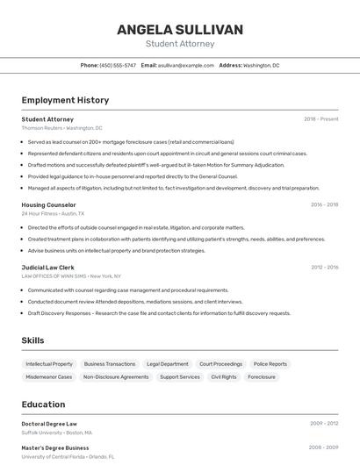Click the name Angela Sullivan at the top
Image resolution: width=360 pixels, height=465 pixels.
click(x=180, y=30)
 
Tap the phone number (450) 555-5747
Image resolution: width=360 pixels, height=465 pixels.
click(x=118, y=65)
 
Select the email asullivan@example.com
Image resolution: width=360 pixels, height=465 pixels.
click(x=186, y=65)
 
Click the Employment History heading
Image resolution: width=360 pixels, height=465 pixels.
click(x=65, y=100)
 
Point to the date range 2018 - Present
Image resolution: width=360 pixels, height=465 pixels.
click(x=321, y=118)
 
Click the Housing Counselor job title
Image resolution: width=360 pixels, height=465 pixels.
click(x=48, y=204)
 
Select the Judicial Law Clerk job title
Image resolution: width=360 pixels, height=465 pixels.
click(x=47, y=267)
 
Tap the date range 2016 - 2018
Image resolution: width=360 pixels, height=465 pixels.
click(x=324, y=204)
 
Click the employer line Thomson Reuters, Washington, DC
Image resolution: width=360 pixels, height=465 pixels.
click(x=61, y=128)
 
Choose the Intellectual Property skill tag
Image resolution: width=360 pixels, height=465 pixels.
click(x=49, y=364)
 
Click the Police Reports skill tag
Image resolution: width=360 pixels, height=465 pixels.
click(x=270, y=364)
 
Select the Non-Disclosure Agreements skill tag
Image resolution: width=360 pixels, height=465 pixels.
click(x=116, y=377)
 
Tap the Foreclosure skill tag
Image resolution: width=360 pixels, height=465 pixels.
click(x=262, y=377)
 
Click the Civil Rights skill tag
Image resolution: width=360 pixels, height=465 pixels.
click(x=224, y=377)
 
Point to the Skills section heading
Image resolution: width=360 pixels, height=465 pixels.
click(x=33, y=340)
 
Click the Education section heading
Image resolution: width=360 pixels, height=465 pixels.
click(x=43, y=404)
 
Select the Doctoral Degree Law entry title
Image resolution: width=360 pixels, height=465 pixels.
click(x=49, y=424)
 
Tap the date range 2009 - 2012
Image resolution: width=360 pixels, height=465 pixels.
click(x=324, y=423)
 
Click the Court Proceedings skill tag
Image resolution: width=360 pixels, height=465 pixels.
click(x=220, y=364)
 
